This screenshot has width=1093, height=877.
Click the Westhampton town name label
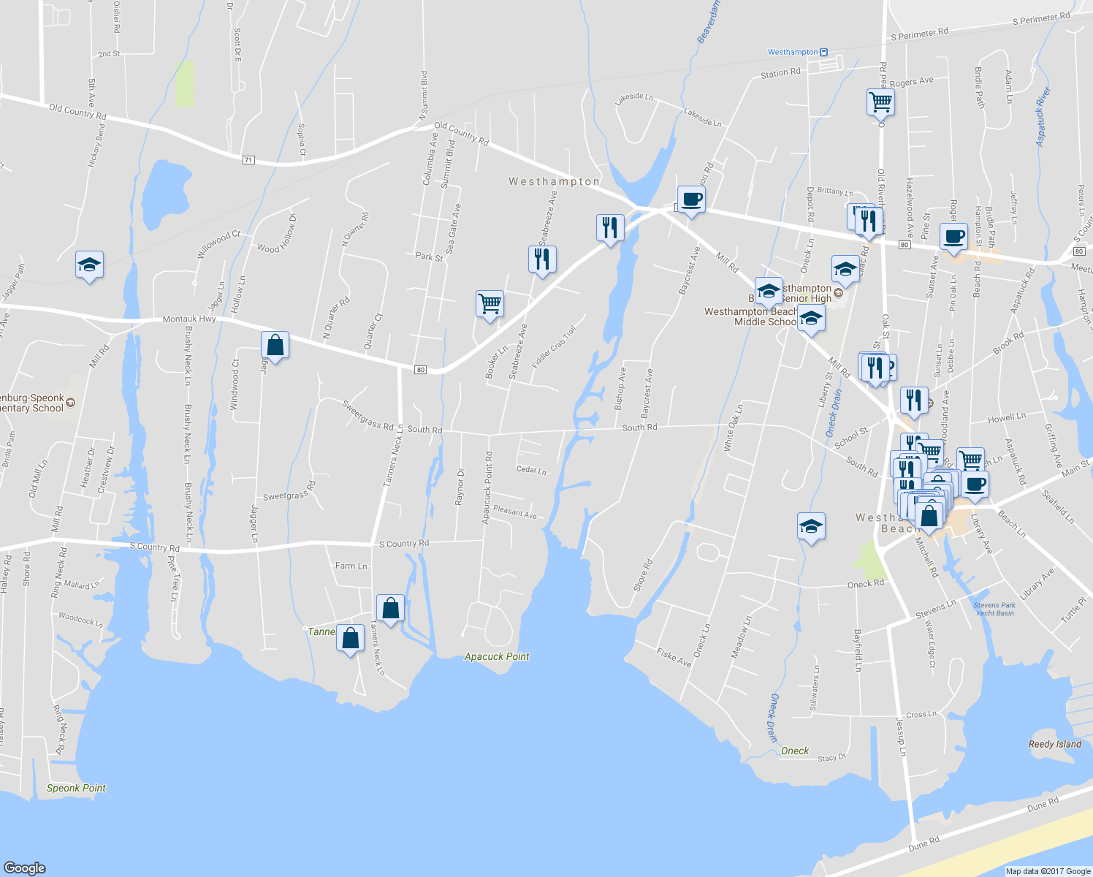[554, 181]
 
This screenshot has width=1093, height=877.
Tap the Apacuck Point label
[497, 656]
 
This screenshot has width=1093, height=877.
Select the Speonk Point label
[76, 788]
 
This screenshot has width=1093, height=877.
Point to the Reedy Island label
[1054, 744]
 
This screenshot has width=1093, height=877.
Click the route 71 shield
[248, 159]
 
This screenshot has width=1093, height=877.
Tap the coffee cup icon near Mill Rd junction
[690, 200]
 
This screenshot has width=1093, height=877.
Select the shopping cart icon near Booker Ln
[490, 303]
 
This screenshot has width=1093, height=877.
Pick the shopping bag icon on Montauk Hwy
[275, 345]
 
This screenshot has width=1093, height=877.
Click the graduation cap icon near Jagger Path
[89, 265]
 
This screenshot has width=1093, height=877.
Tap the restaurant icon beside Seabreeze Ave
[542, 259]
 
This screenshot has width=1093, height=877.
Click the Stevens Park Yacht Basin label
[994, 609]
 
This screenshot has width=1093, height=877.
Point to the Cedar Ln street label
[531, 470]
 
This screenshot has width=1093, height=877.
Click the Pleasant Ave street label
[514, 512]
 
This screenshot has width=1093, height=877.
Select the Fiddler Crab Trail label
[554, 346]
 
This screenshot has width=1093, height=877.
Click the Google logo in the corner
[25, 867]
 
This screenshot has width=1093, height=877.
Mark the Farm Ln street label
[351, 566]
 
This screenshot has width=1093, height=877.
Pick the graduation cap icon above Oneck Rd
[811, 526]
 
